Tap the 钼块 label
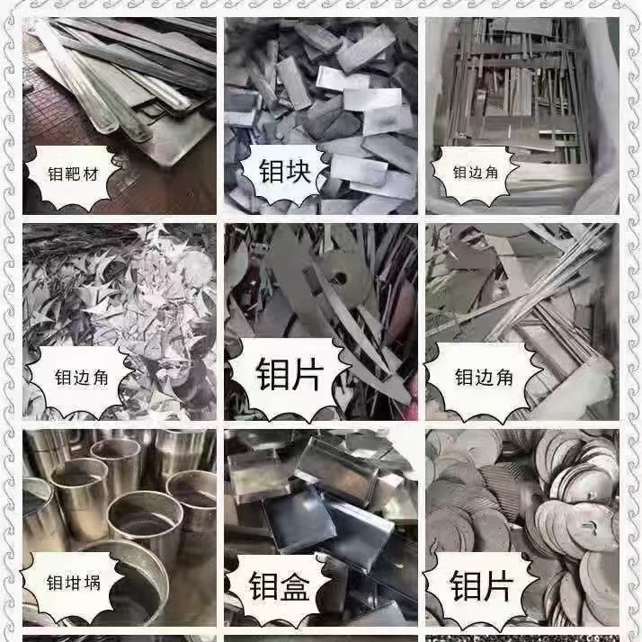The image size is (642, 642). (x=285, y=171)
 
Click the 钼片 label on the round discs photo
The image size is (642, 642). (x=482, y=587)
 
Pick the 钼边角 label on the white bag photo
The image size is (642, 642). (x=483, y=173)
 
